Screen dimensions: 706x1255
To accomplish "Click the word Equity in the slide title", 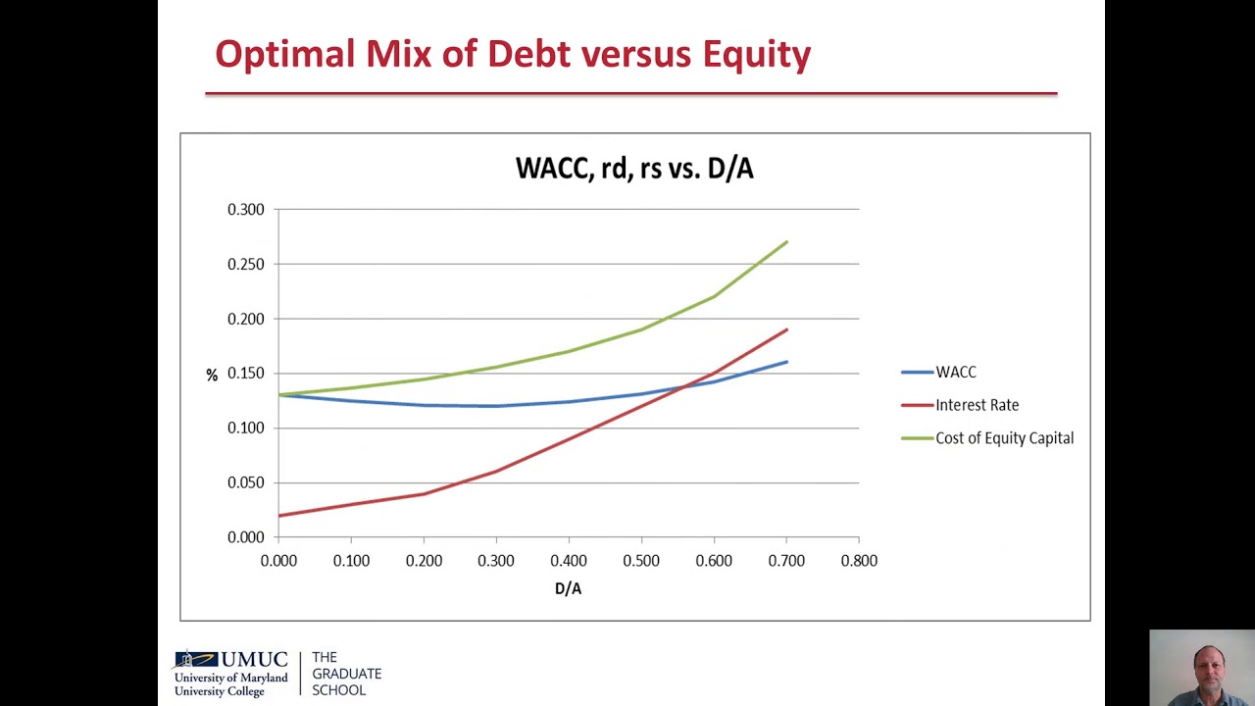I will coord(756,55).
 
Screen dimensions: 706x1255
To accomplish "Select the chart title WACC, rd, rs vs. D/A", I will coord(634,169).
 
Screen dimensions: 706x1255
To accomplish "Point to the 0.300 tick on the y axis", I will coord(246,210).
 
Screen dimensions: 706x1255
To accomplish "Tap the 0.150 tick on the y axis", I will coord(246,374).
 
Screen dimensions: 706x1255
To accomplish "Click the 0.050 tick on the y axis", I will coord(246,482).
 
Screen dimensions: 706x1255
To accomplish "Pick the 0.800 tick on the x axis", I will coord(859,561).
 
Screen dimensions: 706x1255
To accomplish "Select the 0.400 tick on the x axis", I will coord(569,561).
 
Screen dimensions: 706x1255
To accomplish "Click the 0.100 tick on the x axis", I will coord(351,561).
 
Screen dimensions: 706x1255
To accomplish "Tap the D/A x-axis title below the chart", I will coord(569,588).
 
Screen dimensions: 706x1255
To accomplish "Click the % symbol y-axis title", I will coord(212,376).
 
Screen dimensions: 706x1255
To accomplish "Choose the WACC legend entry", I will coord(955,373).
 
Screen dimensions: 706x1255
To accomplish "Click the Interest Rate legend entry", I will coord(977,405).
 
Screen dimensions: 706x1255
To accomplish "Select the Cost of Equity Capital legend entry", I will coord(1004,438).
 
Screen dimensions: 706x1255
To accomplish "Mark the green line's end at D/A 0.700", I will coord(786,242).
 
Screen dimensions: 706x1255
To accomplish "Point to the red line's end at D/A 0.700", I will coord(786,329).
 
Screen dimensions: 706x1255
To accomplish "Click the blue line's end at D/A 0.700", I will coord(786,362).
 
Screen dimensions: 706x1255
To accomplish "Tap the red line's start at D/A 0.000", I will coord(279,515).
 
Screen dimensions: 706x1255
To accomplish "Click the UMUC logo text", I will coord(253,661).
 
